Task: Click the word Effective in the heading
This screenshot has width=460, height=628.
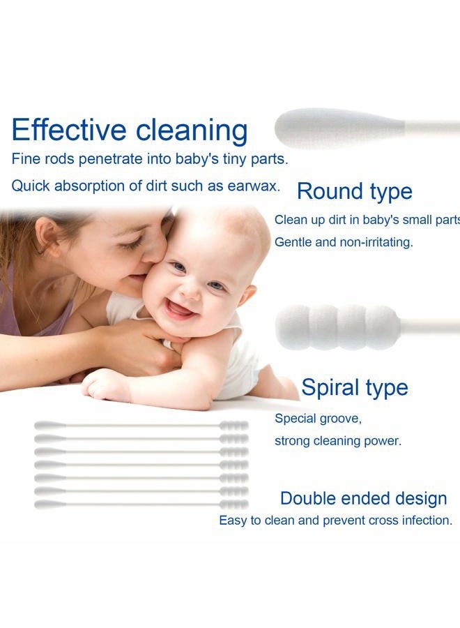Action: [x=69, y=130]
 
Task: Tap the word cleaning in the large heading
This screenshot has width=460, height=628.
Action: [x=192, y=130]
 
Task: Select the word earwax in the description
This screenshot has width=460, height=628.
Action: [x=254, y=186]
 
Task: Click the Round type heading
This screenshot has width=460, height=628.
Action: [x=354, y=191]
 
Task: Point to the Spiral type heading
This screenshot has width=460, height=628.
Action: [x=354, y=387]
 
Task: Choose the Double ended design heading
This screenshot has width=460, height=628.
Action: [x=363, y=498]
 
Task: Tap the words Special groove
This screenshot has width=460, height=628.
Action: [x=318, y=419]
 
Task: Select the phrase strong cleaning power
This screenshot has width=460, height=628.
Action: [x=337, y=441]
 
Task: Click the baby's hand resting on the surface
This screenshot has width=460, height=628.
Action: [x=105, y=384]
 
